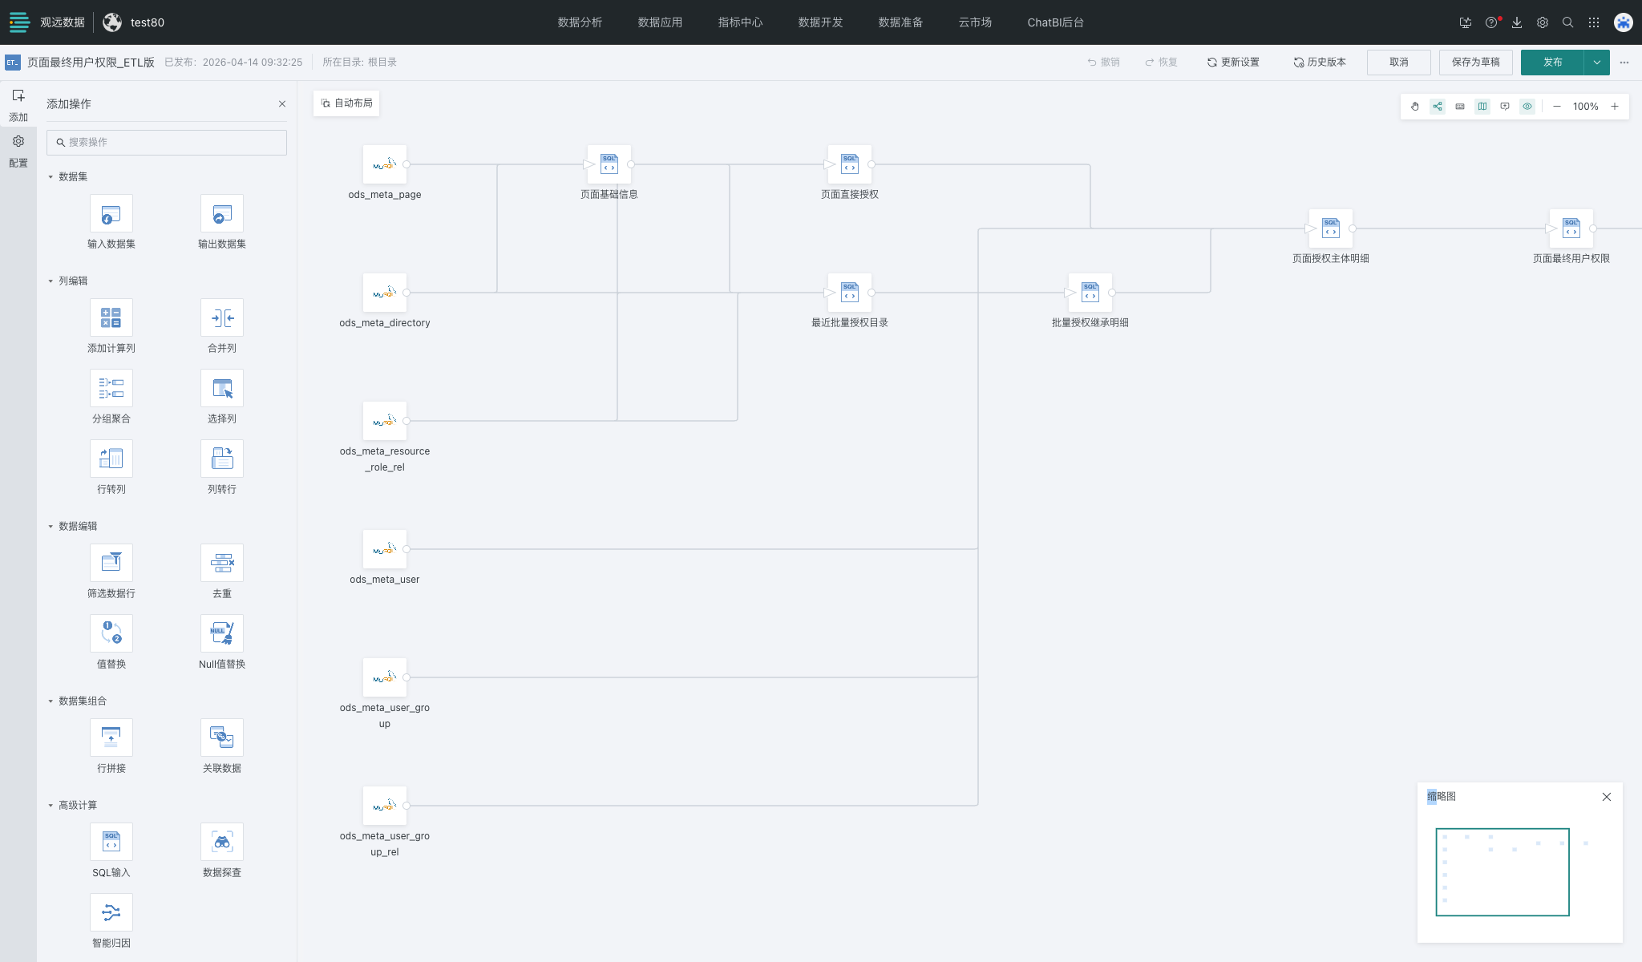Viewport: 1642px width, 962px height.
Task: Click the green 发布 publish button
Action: (1552, 63)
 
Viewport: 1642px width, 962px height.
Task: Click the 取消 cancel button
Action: (1399, 63)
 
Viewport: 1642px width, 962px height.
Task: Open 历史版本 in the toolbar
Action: (1320, 63)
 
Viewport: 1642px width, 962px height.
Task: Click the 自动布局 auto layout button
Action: (346, 103)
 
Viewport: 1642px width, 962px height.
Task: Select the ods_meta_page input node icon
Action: (385, 164)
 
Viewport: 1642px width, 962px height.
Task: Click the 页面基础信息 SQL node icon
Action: (609, 164)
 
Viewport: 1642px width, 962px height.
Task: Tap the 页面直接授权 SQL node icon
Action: (850, 164)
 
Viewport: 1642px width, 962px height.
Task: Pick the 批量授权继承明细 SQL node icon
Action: (1090, 293)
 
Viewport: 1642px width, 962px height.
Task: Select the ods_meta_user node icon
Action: (385, 549)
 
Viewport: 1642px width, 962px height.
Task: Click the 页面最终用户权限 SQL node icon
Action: (1571, 228)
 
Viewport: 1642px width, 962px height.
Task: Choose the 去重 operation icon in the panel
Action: (222, 563)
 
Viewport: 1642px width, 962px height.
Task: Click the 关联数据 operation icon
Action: (222, 738)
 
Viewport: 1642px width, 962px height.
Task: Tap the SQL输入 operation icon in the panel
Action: (111, 842)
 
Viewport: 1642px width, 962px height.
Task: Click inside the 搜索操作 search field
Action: (167, 143)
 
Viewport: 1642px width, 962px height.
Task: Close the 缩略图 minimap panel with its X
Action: (1607, 797)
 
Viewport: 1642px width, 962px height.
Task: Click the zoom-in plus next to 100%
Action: (1615, 107)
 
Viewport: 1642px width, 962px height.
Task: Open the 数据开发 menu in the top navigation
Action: (820, 22)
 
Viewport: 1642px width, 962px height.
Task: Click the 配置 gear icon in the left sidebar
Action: (18, 142)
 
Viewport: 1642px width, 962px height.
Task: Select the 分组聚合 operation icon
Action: (111, 388)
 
